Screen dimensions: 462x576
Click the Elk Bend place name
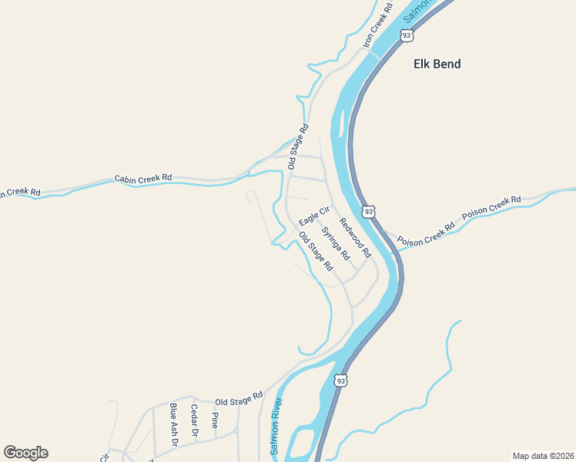pos(437,64)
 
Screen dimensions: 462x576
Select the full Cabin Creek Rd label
pos(143,178)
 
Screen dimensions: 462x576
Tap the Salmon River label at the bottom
pos(276,426)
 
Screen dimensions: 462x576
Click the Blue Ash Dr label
pos(173,424)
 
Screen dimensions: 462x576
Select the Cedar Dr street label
pos(194,421)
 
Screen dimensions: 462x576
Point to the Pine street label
pos(215,420)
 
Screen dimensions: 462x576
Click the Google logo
pos(25,453)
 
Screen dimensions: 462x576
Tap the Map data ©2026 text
pos(543,455)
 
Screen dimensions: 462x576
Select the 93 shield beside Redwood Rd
pos(370,211)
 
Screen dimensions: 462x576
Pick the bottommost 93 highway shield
pos(341,380)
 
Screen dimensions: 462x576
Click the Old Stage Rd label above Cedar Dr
pos(234,402)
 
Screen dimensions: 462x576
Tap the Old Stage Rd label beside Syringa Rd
pos(316,251)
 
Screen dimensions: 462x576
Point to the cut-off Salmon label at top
pos(420,10)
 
